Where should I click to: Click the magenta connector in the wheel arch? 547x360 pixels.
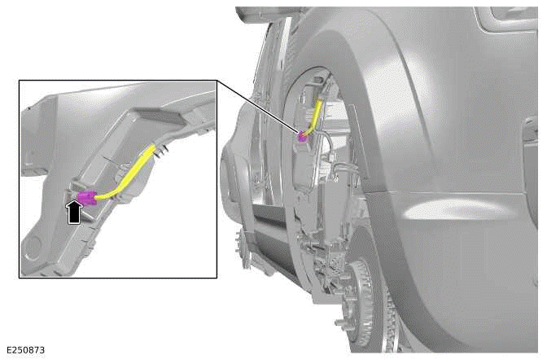point(303,137)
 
